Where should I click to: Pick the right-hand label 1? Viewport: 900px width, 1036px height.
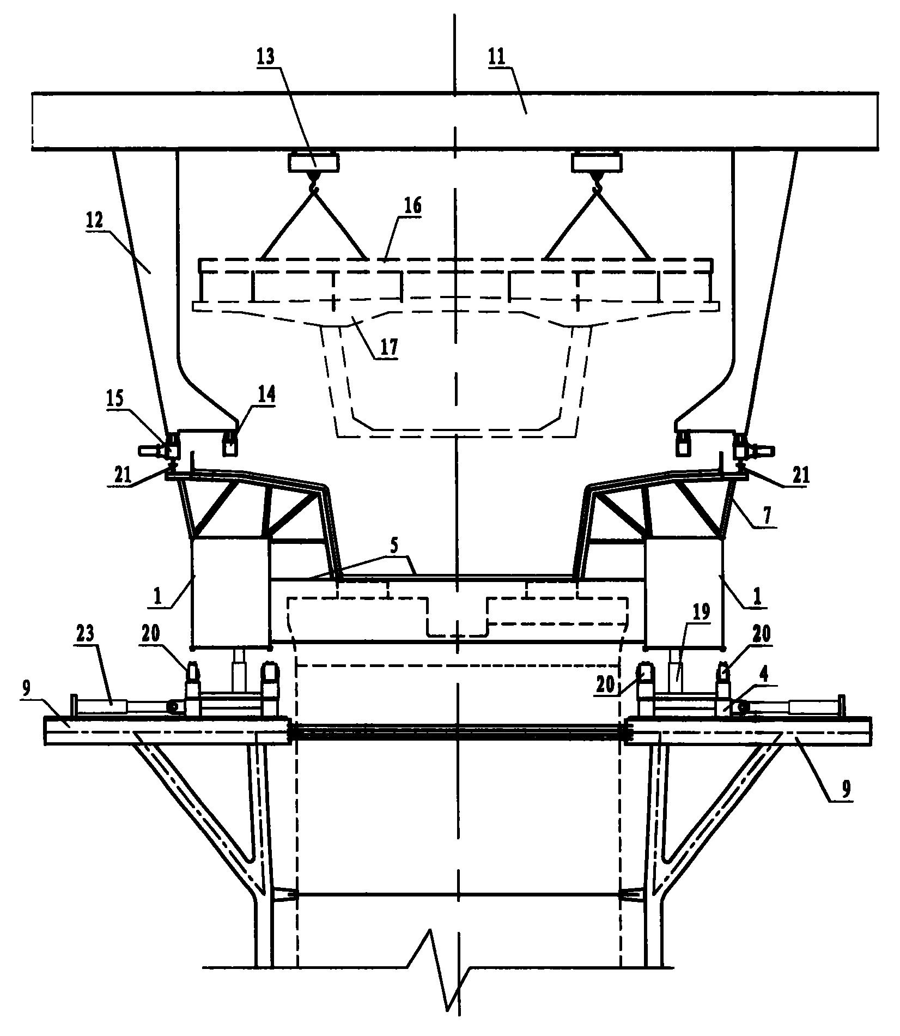(756, 596)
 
